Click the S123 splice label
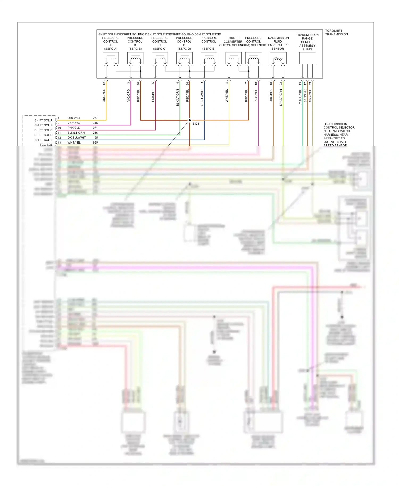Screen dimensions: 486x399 (x=196, y=124)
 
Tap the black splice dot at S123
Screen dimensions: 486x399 (x=190, y=120)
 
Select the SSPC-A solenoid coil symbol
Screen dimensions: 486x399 (x=111, y=58)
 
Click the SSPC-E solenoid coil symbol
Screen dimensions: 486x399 (x=209, y=58)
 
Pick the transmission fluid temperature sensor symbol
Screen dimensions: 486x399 (x=278, y=58)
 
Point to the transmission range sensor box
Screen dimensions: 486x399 (x=307, y=58)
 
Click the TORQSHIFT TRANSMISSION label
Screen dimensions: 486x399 (x=336, y=32)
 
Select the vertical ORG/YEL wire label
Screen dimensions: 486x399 (x=104, y=96)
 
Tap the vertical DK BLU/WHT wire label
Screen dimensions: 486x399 (x=202, y=98)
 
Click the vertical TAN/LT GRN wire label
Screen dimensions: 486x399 (x=281, y=98)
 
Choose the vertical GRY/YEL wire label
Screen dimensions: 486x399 (x=310, y=96)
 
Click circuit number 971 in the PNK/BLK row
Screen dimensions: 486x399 (x=95, y=128)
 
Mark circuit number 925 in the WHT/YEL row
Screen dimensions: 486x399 (x=95, y=143)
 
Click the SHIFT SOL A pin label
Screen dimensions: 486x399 (x=43, y=120)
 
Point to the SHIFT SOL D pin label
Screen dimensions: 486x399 (x=43, y=135)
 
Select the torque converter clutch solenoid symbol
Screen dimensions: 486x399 (x=234, y=58)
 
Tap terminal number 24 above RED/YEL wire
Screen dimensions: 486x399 (x=188, y=83)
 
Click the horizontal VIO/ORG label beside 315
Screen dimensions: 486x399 (x=74, y=123)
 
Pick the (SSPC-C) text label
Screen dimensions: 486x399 (x=160, y=49)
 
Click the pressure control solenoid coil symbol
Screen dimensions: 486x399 (x=253, y=58)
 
